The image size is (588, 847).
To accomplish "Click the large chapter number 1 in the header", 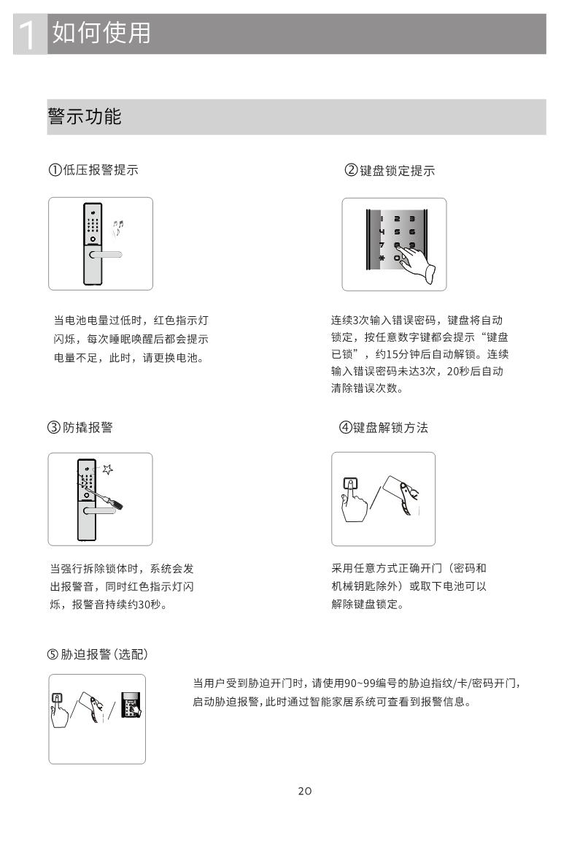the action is (x=26, y=35).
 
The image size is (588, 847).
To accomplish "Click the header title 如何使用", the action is (x=101, y=32).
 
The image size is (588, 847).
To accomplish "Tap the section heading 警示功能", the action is (x=85, y=116).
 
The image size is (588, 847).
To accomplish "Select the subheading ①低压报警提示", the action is (x=93, y=169).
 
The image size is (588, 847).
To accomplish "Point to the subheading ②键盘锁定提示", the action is (x=390, y=171).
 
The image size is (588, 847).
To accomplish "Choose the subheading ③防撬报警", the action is (x=80, y=427).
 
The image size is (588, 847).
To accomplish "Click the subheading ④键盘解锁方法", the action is (x=383, y=428).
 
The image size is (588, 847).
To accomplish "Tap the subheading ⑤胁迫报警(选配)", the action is (x=97, y=654).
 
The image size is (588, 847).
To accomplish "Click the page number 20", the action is (x=304, y=791).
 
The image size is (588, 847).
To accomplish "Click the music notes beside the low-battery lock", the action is (x=117, y=229).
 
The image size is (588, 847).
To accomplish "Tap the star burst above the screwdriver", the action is (x=107, y=469).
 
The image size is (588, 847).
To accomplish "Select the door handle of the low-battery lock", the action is (x=106, y=254).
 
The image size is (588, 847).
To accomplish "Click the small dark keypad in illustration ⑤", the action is (x=131, y=705).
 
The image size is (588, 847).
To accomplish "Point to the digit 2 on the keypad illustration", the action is (x=397, y=219).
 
